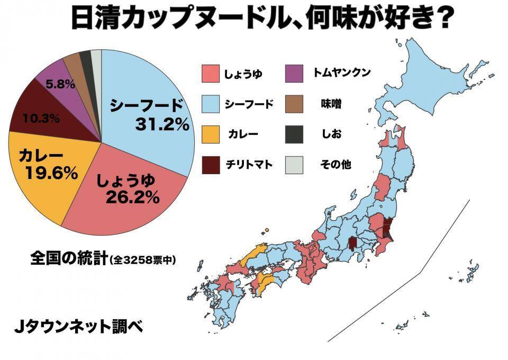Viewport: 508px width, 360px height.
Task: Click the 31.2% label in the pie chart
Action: (x=162, y=124)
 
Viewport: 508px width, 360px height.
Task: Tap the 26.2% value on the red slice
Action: (x=132, y=197)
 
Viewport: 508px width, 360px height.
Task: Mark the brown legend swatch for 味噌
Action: (x=294, y=104)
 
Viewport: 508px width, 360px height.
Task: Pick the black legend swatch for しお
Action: (x=294, y=134)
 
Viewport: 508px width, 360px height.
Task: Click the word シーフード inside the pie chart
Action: (x=146, y=105)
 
